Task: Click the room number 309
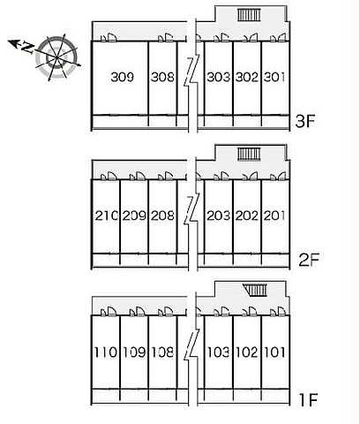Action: coord(123,77)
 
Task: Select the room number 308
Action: coord(162,77)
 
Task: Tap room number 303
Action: coord(218,77)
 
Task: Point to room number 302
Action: coord(247,77)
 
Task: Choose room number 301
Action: coord(274,77)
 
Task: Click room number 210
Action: coord(106,216)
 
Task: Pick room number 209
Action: coord(134,216)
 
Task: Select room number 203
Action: coord(218,216)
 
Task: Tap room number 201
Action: coord(274,216)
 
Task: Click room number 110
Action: coord(105,352)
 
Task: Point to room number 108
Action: coord(162,352)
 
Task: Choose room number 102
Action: coord(246,352)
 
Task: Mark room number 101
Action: coord(274,352)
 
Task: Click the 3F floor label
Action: coord(305,121)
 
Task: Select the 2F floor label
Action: coord(309,260)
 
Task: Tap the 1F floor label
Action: coord(308,399)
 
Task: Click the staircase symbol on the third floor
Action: coord(249,15)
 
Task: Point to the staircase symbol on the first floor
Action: coord(255,290)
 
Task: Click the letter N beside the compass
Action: coord(27,48)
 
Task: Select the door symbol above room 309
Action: coord(109,37)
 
